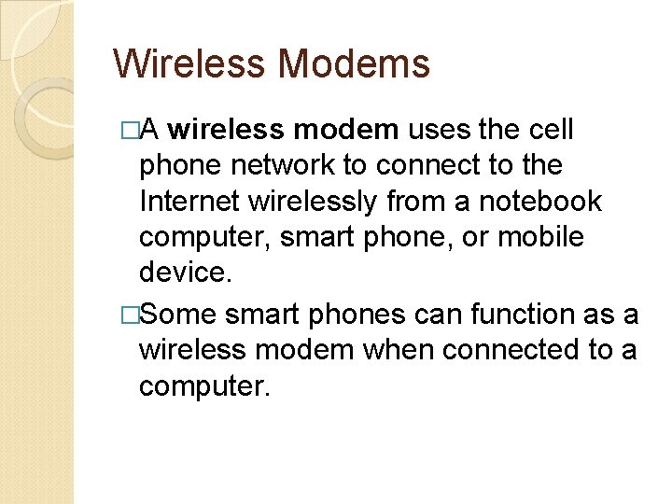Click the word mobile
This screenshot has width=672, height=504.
[542, 237]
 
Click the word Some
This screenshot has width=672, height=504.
[179, 315]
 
